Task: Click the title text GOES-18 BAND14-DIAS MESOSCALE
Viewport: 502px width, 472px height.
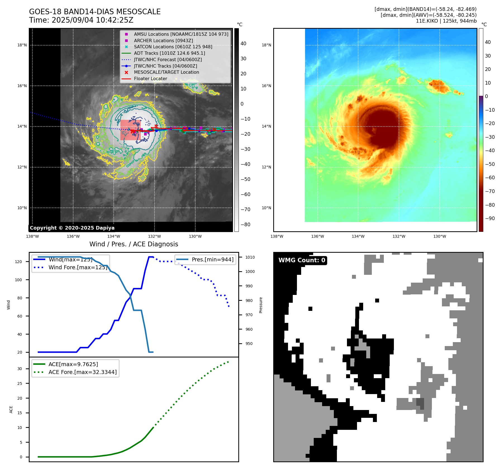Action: pos(95,12)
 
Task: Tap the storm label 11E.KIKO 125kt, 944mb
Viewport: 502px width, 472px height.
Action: pos(446,21)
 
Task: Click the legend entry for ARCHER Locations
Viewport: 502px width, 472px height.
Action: pos(163,40)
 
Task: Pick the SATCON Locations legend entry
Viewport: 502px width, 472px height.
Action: pos(173,47)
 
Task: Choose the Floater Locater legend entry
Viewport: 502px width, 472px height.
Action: pos(150,78)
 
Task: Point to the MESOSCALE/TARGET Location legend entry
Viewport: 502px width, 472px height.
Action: pos(166,72)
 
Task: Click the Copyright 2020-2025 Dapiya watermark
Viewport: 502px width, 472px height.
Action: pos(72,228)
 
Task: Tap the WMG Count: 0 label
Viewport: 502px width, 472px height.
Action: pos(302,260)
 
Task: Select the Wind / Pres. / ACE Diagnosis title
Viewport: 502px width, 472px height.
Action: pos(134,244)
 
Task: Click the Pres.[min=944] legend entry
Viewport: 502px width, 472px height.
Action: pos(212,259)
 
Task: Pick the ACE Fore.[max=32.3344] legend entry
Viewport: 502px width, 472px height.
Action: pos(82,372)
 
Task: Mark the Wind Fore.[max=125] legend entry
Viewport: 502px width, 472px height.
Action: pos(78,267)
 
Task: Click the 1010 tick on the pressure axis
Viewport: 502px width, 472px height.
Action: pos(250,257)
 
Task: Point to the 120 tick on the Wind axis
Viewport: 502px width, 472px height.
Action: pos(18,262)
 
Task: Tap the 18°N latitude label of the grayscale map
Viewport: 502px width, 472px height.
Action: pos(22,45)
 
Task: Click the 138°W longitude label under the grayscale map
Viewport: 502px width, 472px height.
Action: pos(32,236)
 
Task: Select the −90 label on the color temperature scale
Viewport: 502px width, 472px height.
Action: pos(490,218)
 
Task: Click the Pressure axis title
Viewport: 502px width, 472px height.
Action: pos(261,305)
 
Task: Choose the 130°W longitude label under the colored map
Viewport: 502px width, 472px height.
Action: pos(439,236)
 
